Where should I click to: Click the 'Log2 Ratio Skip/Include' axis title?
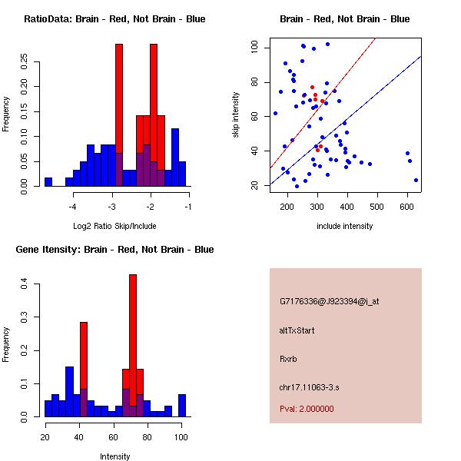pos(114,227)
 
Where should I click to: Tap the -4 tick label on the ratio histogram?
pos(73,207)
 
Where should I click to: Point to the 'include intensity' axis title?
pos(345,227)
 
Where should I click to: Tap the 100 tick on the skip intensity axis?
pos(254,48)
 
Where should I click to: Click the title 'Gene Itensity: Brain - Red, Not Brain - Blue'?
pos(114,250)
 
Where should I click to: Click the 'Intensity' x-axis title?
pos(114,457)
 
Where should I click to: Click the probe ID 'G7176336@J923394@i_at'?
pos(330,301)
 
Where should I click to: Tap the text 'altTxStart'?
pos(297,330)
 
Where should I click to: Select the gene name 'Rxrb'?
pos(288,358)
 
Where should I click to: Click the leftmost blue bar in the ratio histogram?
pos(48,182)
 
